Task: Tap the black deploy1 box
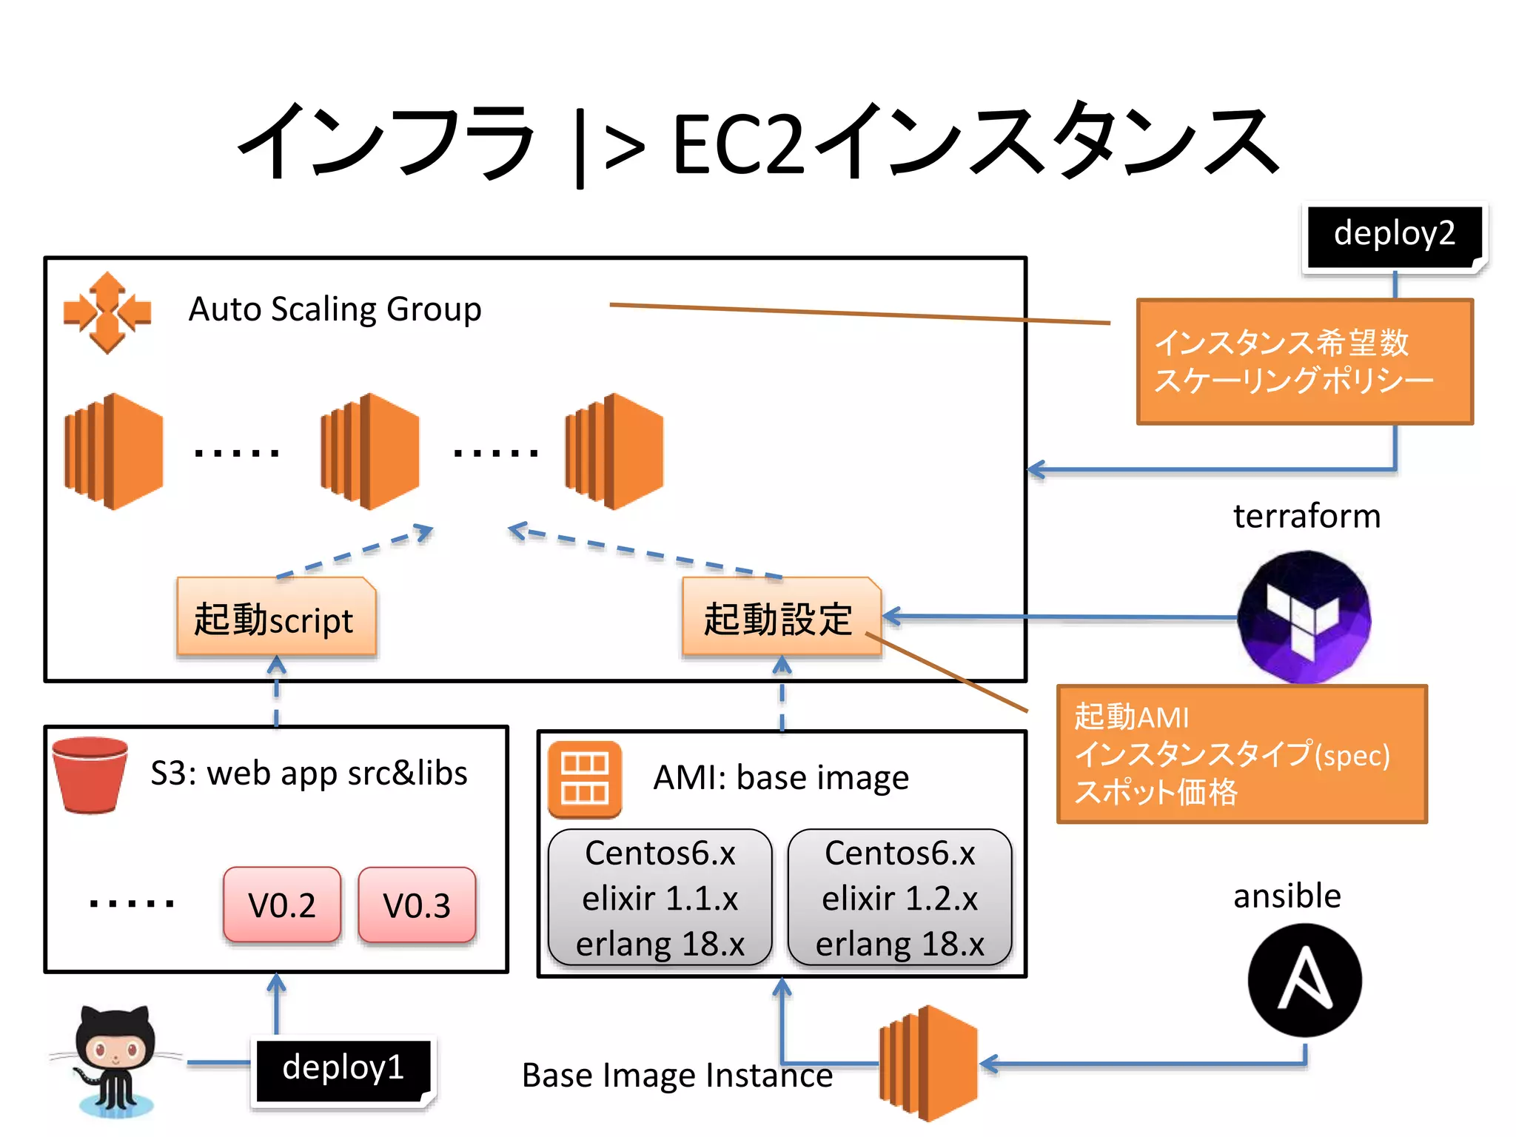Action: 343,1070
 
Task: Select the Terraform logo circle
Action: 1304,616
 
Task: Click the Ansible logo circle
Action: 1304,979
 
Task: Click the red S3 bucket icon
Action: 90,774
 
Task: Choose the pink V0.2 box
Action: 282,905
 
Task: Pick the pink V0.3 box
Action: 417,905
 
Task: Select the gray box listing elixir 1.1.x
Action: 660,898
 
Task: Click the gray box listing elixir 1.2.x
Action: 899,898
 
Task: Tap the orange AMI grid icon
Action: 585,779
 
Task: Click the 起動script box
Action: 276,617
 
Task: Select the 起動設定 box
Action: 781,617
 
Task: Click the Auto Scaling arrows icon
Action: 107,312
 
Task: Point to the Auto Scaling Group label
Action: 335,309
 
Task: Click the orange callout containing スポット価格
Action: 1241,754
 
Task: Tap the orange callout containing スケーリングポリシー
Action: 1304,361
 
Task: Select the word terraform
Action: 1307,516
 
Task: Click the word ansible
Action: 1287,896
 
